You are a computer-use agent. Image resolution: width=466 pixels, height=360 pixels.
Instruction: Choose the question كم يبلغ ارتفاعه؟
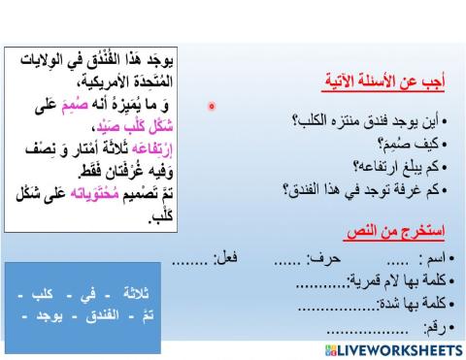tap(397, 165)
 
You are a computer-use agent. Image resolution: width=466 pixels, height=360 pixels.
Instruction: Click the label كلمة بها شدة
tap(415, 308)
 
